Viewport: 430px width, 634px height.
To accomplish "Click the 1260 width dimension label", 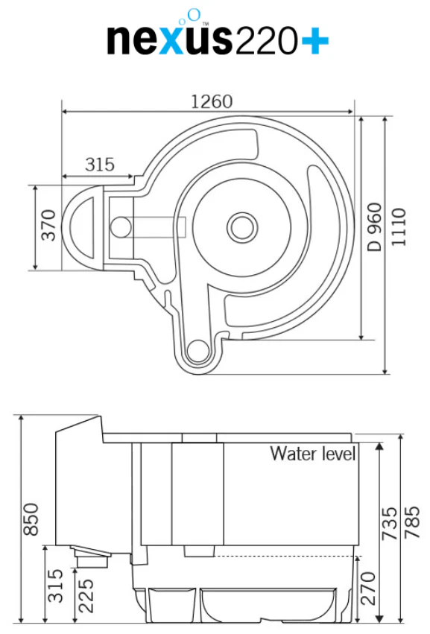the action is [212, 101].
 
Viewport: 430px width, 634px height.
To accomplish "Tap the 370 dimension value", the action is [48, 225].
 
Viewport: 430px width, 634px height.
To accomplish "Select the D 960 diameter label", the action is [374, 226].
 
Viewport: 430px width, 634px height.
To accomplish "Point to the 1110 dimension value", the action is [399, 226].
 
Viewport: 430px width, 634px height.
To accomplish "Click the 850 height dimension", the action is [31, 519].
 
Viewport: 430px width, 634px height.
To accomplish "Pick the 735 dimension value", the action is [390, 523].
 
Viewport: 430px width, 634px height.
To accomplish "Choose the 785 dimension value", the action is [412, 522].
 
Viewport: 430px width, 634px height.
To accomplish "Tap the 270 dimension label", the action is [368, 588].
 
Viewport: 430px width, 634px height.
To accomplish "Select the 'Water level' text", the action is [313, 453].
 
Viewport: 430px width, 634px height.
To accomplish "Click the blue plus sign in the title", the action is [314, 41].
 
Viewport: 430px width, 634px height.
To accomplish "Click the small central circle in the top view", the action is [242, 227].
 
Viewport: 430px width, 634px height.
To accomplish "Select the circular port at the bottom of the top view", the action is [197, 350].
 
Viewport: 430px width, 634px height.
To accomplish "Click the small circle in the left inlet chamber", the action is [121, 226].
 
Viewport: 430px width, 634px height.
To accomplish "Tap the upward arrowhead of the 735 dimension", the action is [379, 446].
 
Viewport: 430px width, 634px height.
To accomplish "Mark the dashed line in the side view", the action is [285, 557].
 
